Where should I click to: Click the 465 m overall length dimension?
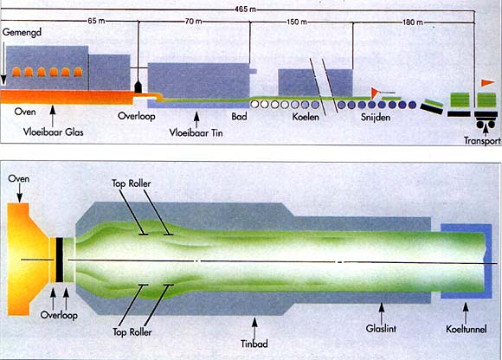click(245, 9)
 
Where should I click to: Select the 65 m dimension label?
click(96, 22)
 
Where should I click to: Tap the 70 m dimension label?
click(194, 22)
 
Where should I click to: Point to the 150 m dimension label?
click(297, 22)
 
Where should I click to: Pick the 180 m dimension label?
click(413, 22)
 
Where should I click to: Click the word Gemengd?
click(23, 33)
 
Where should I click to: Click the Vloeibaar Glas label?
click(53, 132)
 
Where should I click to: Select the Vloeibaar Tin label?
click(196, 132)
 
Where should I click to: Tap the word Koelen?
click(306, 117)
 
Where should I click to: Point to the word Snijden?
click(376, 117)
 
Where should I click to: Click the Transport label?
click(482, 140)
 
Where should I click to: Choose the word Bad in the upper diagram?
click(239, 116)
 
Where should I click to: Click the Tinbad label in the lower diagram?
click(254, 344)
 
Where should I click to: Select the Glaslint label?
click(381, 328)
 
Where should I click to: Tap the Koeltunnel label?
click(467, 329)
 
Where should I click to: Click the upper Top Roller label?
click(132, 183)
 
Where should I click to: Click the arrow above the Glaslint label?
click(382, 312)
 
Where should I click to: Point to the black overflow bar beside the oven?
click(60, 260)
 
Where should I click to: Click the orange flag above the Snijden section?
click(375, 93)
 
